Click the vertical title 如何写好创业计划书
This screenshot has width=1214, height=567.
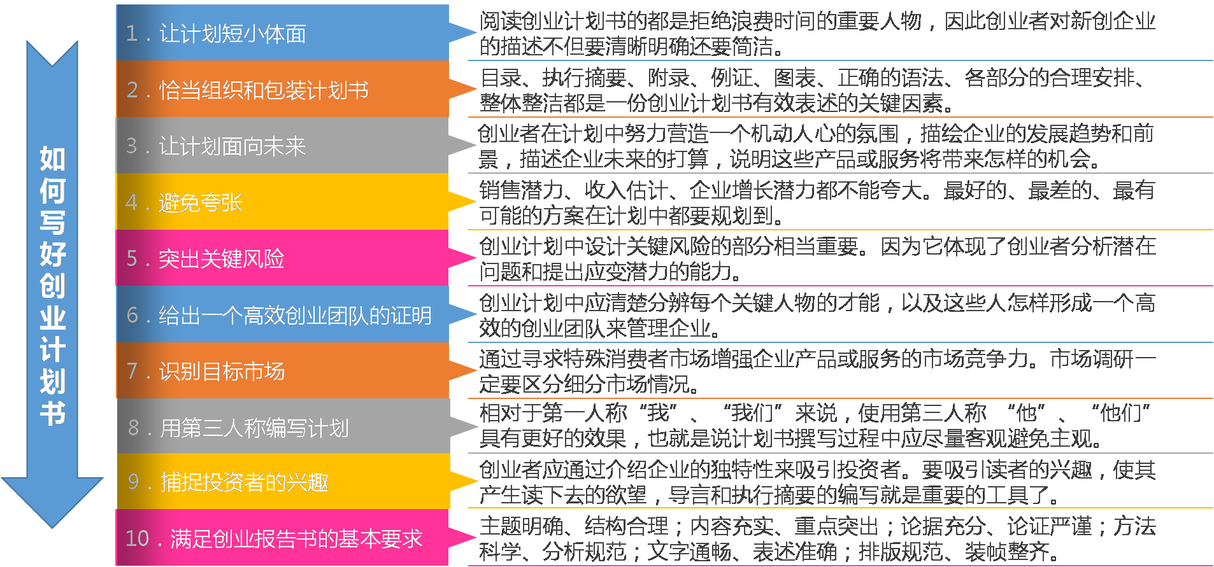pyautogui.click(x=52, y=285)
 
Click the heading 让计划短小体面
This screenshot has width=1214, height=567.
pyautogui.click(x=232, y=34)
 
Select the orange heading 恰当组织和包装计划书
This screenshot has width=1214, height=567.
pyautogui.click(x=264, y=90)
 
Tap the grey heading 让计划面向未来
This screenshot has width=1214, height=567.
pyautogui.click(x=232, y=146)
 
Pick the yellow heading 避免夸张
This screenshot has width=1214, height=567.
pyautogui.click(x=201, y=202)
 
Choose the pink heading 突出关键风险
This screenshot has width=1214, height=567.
pyautogui.click(x=222, y=259)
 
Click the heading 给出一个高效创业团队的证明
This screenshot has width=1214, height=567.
pyautogui.click(x=295, y=315)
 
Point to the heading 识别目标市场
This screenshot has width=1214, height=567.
pyautogui.click(x=222, y=371)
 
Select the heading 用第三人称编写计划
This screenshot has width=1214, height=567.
pyautogui.click(x=254, y=428)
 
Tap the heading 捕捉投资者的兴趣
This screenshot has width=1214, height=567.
pyautogui.click(x=245, y=482)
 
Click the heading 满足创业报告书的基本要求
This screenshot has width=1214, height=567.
pyautogui.click(x=296, y=539)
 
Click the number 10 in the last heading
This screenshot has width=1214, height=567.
pyautogui.click(x=137, y=539)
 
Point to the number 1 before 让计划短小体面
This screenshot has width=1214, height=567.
pyautogui.click(x=131, y=34)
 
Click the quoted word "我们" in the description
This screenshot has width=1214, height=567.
pyautogui.click(x=752, y=413)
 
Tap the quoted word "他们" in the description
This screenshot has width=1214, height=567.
pyautogui.click(x=1120, y=413)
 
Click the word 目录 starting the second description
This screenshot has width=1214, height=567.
pyautogui.click(x=501, y=78)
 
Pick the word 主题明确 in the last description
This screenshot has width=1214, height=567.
pyautogui.click(x=521, y=526)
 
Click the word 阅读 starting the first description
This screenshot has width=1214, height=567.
pyautogui.click(x=500, y=22)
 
